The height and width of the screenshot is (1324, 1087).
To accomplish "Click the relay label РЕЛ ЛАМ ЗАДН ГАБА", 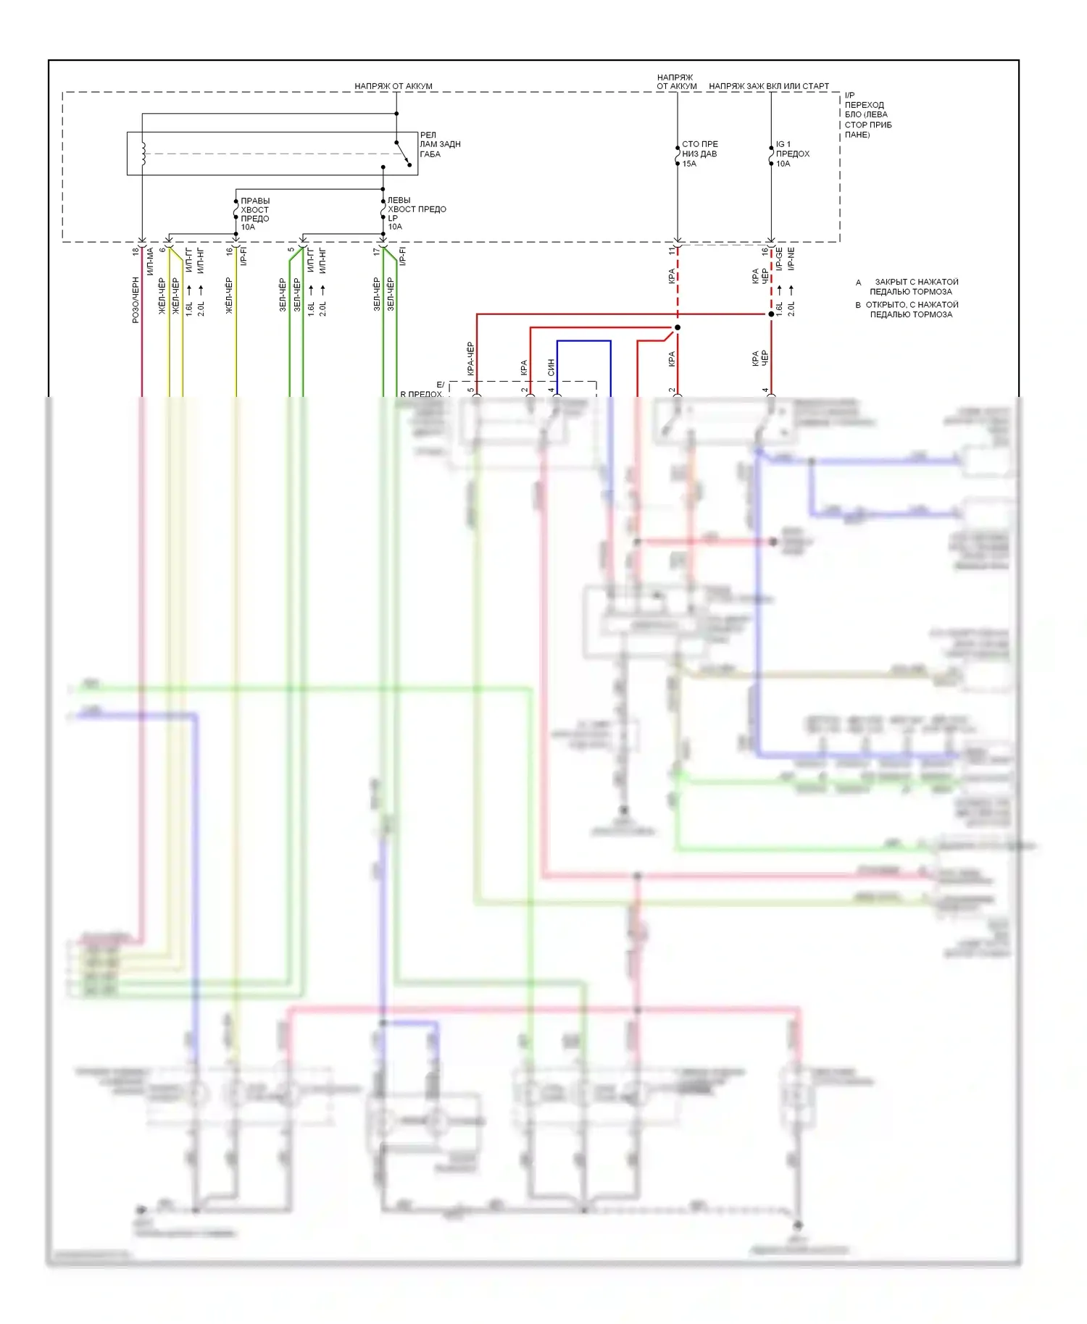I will click(x=439, y=145).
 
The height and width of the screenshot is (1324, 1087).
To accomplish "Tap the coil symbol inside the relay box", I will click(x=143, y=154).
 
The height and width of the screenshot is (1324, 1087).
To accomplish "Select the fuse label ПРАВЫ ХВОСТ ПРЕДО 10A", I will click(x=254, y=214).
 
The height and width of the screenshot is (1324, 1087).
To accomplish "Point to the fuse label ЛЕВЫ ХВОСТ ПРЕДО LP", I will click(x=416, y=209).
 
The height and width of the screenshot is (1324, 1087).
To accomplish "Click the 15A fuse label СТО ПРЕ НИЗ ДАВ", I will click(x=699, y=154).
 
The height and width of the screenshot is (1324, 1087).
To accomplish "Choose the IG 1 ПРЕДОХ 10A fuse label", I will click(x=792, y=154).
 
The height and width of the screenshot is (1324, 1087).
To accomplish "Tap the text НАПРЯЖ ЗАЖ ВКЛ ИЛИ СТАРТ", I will click(x=768, y=86).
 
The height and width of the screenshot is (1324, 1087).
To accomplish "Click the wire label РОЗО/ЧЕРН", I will click(x=136, y=300).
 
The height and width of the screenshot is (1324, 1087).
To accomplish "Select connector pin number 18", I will click(x=136, y=251).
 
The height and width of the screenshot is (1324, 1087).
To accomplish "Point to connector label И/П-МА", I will click(x=150, y=261).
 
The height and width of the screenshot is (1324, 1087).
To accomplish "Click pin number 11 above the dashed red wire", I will click(x=672, y=250).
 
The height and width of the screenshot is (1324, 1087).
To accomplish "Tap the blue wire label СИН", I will click(x=551, y=367).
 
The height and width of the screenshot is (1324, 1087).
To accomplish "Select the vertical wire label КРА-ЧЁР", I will click(x=470, y=359).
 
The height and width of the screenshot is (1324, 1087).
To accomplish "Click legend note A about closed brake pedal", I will click(x=908, y=287).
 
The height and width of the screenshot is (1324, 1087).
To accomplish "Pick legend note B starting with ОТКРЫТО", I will click(x=907, y=309).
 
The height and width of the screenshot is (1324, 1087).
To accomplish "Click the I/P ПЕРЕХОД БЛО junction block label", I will click(x=867, y=115).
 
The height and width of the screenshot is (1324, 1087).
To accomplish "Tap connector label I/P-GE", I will click(x=779, y=259).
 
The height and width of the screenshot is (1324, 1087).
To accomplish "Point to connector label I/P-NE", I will click(x=791, y=259).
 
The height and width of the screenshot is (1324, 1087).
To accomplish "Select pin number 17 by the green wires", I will click(x=376, y=251).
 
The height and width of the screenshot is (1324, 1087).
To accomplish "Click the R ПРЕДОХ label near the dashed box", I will click(x=421, y=394).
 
